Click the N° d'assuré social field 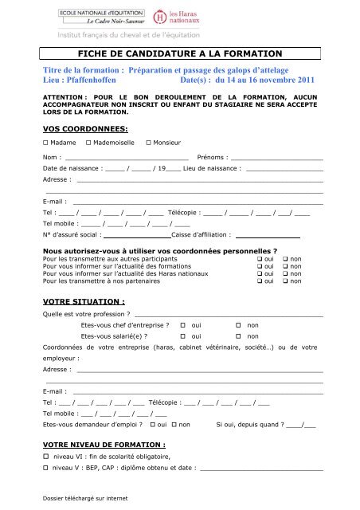[x=138, y=235]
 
